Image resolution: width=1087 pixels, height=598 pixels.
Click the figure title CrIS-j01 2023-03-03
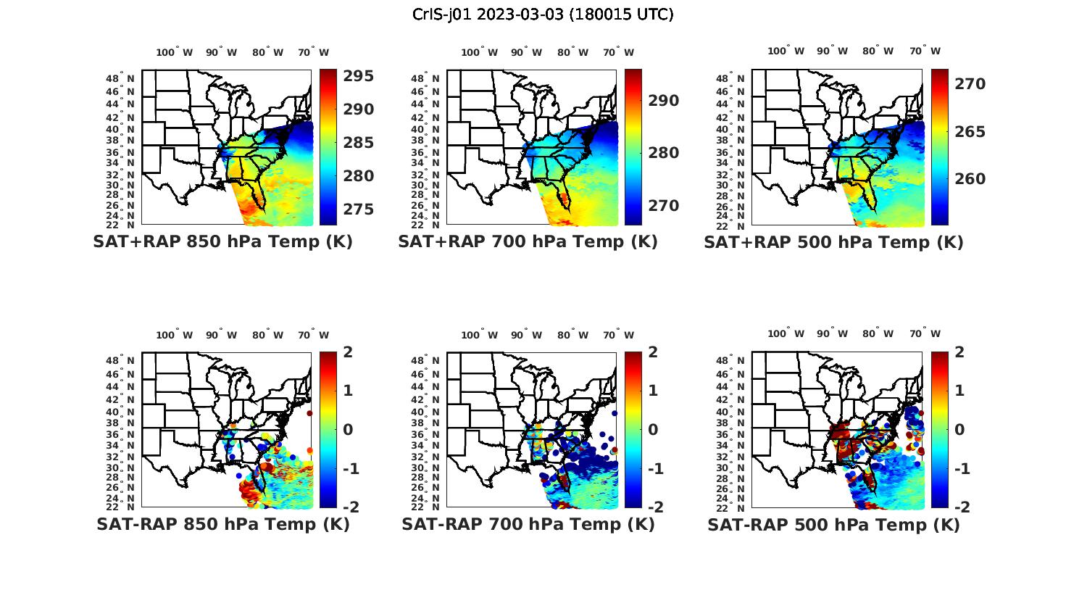(x=543, y=14)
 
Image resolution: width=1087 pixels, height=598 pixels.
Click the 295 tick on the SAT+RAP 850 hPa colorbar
(x=359, y=76)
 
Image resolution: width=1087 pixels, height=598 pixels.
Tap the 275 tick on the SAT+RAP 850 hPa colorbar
(x=359, y=209)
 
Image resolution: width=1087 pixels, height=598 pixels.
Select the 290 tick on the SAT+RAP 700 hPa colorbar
(x=664, y=101)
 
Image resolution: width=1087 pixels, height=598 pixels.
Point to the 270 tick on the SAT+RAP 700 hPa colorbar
(x=664, y=206)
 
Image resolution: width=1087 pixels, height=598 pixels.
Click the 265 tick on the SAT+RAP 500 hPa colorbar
(x=970, y=132)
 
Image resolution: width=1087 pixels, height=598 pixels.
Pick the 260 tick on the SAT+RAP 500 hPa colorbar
(x=970, y=179)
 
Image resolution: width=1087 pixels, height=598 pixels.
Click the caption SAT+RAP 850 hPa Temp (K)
(x=222, y=241)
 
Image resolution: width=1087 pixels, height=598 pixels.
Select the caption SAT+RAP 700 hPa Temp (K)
(x=528, y=241)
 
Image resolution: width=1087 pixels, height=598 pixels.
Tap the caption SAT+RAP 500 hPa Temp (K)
(x=833, y=242)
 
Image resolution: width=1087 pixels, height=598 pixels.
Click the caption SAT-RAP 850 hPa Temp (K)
(x=222, y=524)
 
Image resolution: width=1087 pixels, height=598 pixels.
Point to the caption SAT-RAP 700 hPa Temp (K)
(x=528, y=524)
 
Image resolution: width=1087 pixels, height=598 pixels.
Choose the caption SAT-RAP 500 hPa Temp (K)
(x=833, y=525)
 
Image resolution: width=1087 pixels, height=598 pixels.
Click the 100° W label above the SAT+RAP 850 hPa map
(x=175, y=52)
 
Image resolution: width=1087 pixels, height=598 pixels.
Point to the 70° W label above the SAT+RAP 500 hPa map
(x=925, y=51)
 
